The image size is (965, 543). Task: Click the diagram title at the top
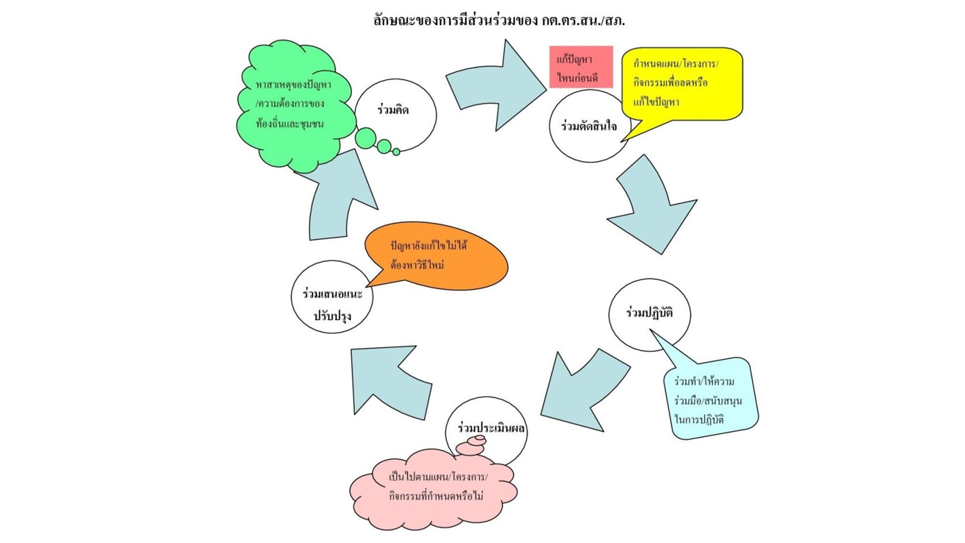point(499,20)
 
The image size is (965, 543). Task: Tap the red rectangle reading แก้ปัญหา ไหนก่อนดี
point(581,67)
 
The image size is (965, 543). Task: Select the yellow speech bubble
point(682,83)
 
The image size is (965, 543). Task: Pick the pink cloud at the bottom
point(433,494)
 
